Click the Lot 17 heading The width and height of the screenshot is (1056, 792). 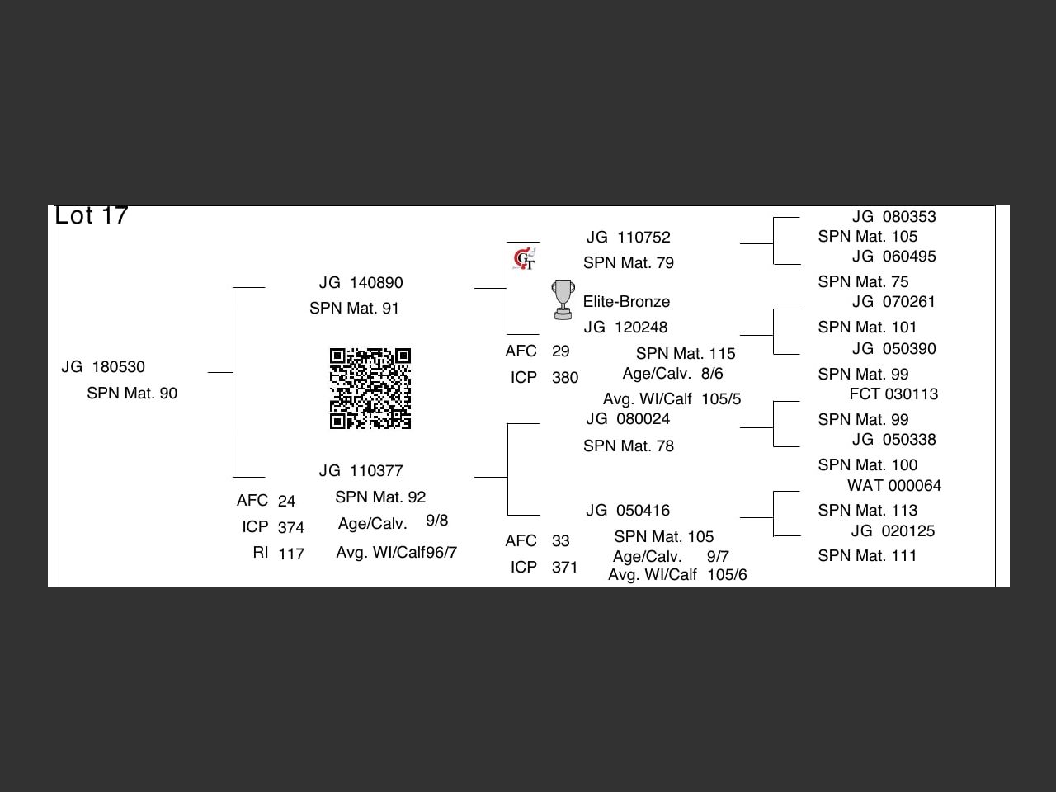coord(92,216)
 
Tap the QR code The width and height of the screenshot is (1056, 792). coord(370,389)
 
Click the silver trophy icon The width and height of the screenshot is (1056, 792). coord(563,299)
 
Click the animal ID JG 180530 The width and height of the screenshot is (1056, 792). coord(103,367)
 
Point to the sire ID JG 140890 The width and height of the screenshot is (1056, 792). coord(361,283)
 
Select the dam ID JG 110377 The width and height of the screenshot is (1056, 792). coord(361,471)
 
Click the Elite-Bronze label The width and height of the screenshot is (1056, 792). coord(626,302)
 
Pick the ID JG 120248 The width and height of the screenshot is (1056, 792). coord(625,328)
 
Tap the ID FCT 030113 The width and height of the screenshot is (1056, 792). coord(893,394)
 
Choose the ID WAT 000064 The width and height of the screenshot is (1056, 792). coord(894,486)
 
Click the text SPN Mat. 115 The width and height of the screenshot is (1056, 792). coord(686,354)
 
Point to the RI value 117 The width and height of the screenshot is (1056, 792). coord(291,554)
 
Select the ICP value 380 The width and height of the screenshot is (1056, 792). coord(565,378)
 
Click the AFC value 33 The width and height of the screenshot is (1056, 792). coord(561,541)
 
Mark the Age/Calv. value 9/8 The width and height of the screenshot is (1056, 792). coord(437,521)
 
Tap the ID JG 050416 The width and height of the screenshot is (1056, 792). coord(628,511)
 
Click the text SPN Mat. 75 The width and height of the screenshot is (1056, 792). coord(863,282)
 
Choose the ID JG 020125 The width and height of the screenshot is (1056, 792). coord(893,531)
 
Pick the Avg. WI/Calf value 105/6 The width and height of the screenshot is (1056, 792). coord(727,575)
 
